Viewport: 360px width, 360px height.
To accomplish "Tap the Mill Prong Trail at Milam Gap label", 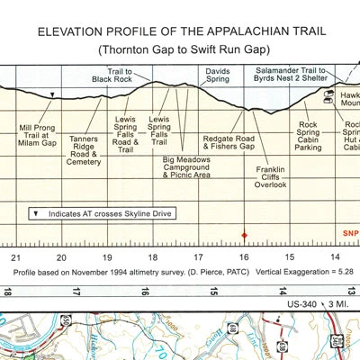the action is click(x=39, y=134).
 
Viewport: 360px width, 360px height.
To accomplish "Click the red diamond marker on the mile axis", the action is click(x=243, y=236).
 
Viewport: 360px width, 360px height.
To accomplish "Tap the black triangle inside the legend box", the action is click(x=34, y=213).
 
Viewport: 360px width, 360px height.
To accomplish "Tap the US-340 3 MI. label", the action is click(x=317, y=306).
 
